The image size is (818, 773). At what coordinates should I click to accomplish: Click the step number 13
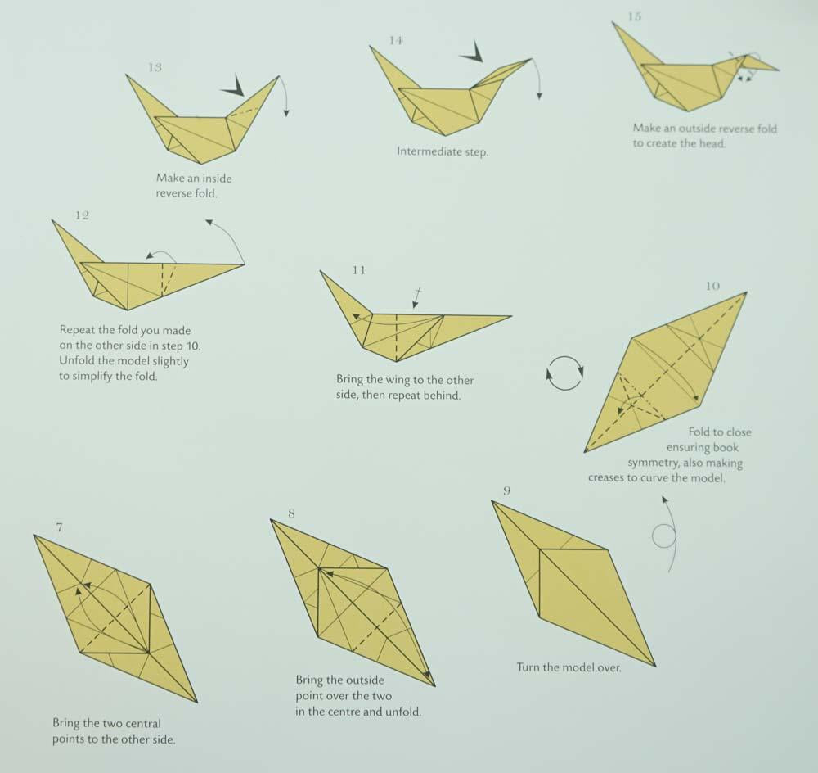tap(155, 67)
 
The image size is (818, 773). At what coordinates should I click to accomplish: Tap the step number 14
tap(396, 40)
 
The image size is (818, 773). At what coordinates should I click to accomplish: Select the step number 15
tap(635, 16)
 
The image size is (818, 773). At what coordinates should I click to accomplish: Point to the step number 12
tap(81, 215)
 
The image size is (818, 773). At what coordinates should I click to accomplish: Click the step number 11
tap(359, 269)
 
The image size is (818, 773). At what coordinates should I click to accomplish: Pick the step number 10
tap(712, 286)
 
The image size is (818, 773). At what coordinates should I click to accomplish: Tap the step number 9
tap(507, 490)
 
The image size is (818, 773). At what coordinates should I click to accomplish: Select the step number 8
tap(291, 513)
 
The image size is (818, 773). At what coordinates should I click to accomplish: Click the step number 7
tap(59, 527)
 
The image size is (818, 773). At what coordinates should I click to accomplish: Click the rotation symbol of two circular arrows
tap(564, 373)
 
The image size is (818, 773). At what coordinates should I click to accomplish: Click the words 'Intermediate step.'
tap(443, 151)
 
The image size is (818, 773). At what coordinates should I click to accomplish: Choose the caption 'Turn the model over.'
tap(569, 667)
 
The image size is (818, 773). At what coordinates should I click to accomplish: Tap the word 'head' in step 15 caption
tap(710, 143)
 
